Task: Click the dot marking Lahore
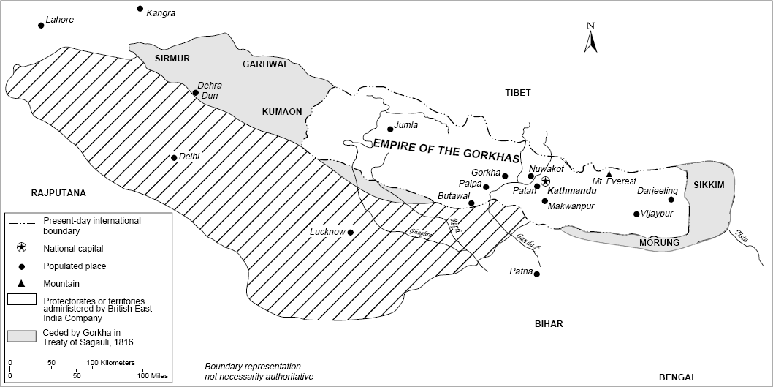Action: click(x=41, y=25)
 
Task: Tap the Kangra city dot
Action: click(x=140, y=9)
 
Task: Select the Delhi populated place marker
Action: click(x=173, y=157)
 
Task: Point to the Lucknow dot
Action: click(x=350, y=233)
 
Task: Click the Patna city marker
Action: click(x=537, y=274)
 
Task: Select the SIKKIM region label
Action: click(x=709, y=185)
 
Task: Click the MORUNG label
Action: click(x=659, y=242)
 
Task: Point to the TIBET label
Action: click(x=517, y=93)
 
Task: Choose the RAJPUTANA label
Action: click(x=58, y=193)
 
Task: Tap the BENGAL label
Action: click(x=677, y=377)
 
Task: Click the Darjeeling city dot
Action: click(x=671, y=200)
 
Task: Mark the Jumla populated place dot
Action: click(x=390, y=129)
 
